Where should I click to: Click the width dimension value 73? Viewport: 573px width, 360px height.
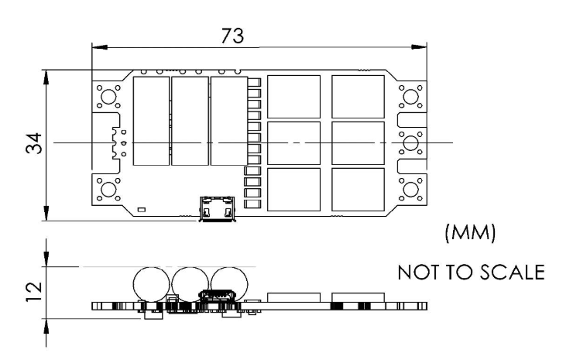[232, 36]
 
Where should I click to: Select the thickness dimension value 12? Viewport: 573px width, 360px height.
[34, 292]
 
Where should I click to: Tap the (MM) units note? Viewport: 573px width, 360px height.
[471, 233]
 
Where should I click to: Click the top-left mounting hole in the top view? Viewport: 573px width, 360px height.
[108, 97]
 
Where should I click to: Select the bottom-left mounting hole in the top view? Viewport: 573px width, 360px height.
[108, 190]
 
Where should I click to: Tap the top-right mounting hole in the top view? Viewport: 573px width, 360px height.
[410, 97]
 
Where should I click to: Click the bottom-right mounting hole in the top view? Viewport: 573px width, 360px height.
[410, 190]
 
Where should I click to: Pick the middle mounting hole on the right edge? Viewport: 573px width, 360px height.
[410, 143]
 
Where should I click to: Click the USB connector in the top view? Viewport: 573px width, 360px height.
[217, 209]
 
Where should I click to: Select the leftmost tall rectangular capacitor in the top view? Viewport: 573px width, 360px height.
[152, 121]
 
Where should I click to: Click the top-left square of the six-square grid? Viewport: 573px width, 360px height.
[293, 97]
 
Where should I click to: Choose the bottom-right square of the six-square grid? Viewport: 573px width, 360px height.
[358, 190]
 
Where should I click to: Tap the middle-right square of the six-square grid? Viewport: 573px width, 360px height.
[358, 143]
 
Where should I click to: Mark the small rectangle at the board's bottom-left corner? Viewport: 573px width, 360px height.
[141, 210]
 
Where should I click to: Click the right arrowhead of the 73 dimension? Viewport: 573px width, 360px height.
[419, 47]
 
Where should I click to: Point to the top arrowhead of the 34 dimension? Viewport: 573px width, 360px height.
[46, 77]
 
